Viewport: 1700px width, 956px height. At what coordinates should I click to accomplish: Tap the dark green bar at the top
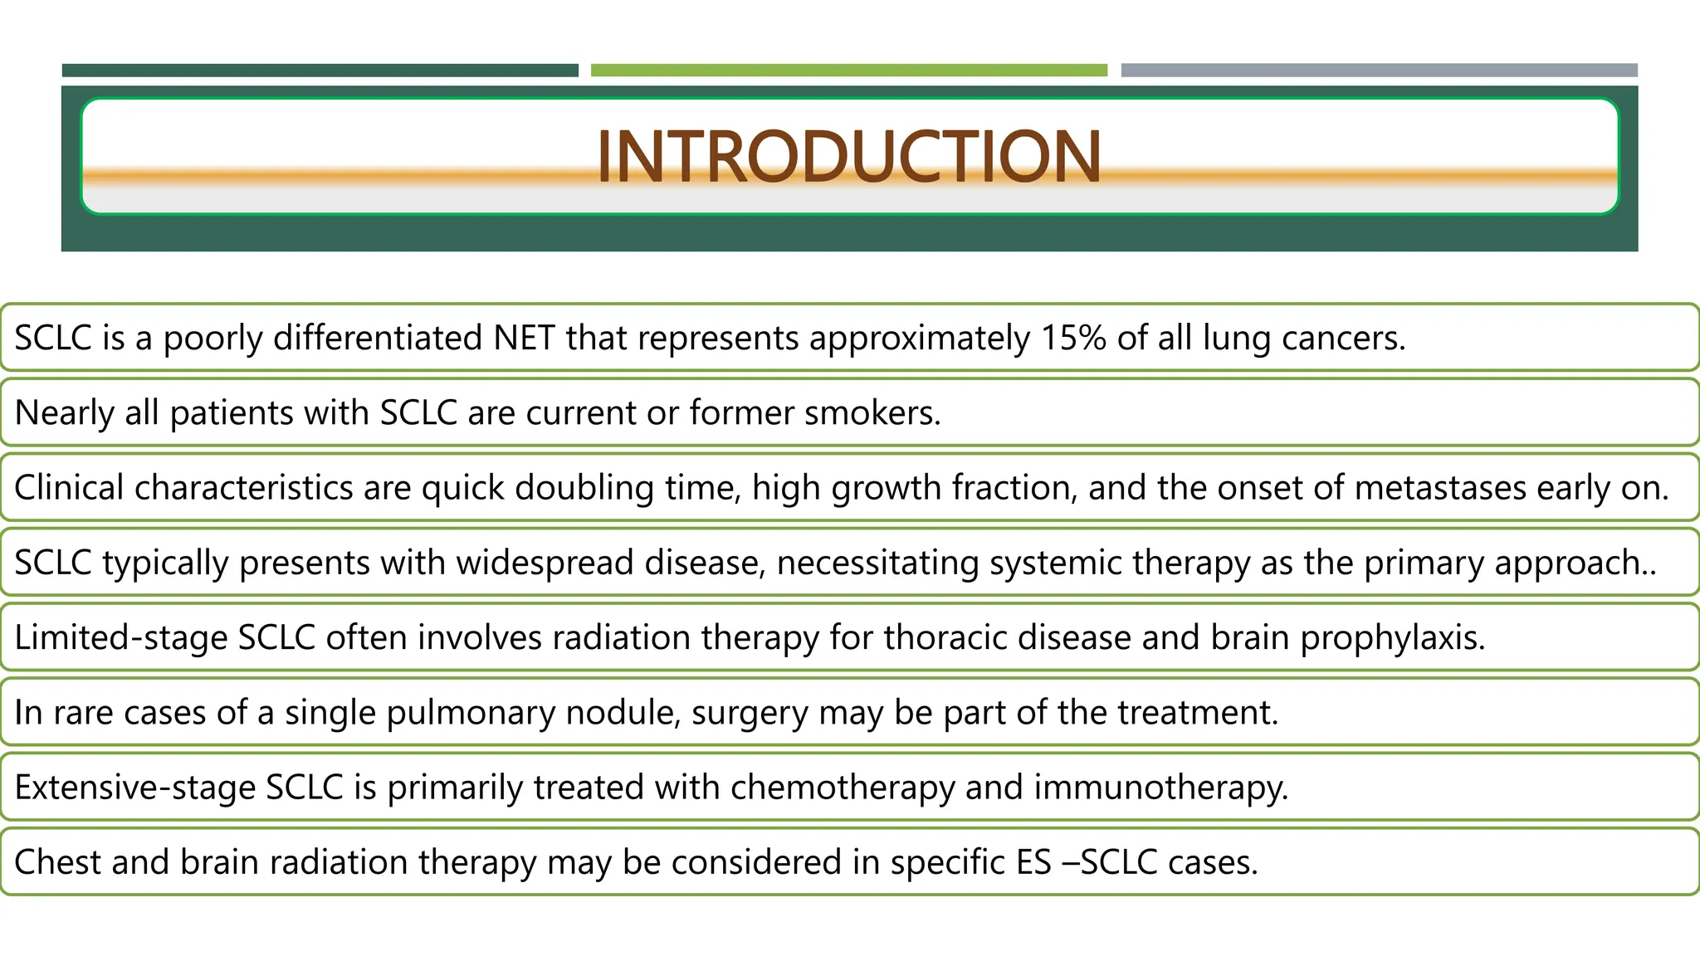click(320, 71)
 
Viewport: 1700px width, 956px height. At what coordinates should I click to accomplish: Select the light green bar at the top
click(848, 71)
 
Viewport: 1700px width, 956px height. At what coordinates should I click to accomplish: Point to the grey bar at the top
click(1379, 71)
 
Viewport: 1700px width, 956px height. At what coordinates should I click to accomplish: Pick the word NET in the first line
click(524, 338)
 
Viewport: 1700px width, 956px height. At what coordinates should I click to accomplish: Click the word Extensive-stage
click(134, 787)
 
